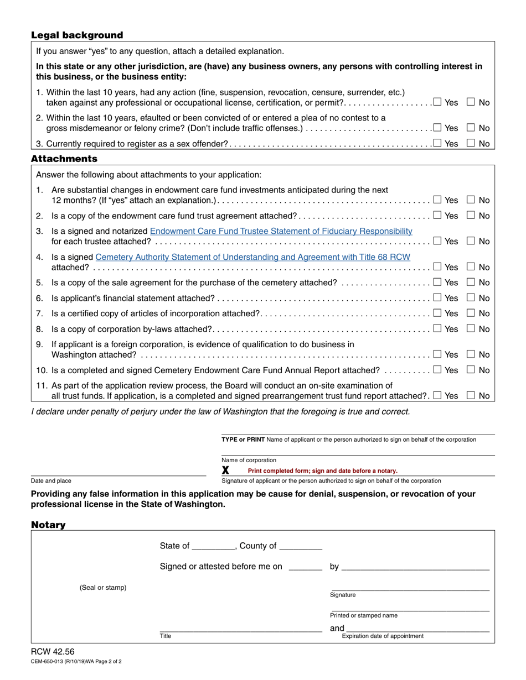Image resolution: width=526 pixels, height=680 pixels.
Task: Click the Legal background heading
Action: click(x=77, y=35)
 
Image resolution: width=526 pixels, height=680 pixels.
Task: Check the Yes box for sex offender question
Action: click(x=438, y=144)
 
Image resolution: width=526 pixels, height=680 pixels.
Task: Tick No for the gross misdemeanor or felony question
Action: click(x=471, y=128)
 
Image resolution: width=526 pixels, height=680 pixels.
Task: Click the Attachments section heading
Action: click(x=64, y=159)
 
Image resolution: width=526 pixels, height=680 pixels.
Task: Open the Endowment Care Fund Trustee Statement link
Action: click(x=281, y=231)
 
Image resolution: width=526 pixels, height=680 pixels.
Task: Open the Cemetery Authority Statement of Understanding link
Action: click(x=252, y=257)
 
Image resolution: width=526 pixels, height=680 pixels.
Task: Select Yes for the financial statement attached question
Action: click(x=438, y=298)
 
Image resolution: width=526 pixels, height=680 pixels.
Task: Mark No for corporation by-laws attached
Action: click(x=471, y=329)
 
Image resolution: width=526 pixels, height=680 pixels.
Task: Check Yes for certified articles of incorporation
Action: click(x=438, y=313)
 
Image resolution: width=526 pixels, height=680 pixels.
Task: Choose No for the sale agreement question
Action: click(x=471, y=283)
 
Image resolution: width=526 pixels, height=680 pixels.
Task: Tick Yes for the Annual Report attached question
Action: click(x=438, y=370)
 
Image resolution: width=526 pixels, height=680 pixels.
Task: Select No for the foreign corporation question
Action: click(x=471, y=354)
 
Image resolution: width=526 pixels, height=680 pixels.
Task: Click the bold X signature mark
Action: click(x=225, y=470)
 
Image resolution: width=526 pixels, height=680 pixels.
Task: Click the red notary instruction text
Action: click(x=322, y=471)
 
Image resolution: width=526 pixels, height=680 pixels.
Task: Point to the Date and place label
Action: click(x=51, y=481)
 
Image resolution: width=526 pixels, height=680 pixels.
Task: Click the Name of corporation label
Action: click(x=249, y=460)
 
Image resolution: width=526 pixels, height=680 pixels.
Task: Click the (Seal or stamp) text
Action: click(x=103, y=587)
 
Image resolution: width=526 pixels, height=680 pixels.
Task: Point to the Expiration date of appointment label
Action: click(x=383, y=636)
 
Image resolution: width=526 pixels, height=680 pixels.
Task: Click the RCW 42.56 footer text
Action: click(x=53, y=652)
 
